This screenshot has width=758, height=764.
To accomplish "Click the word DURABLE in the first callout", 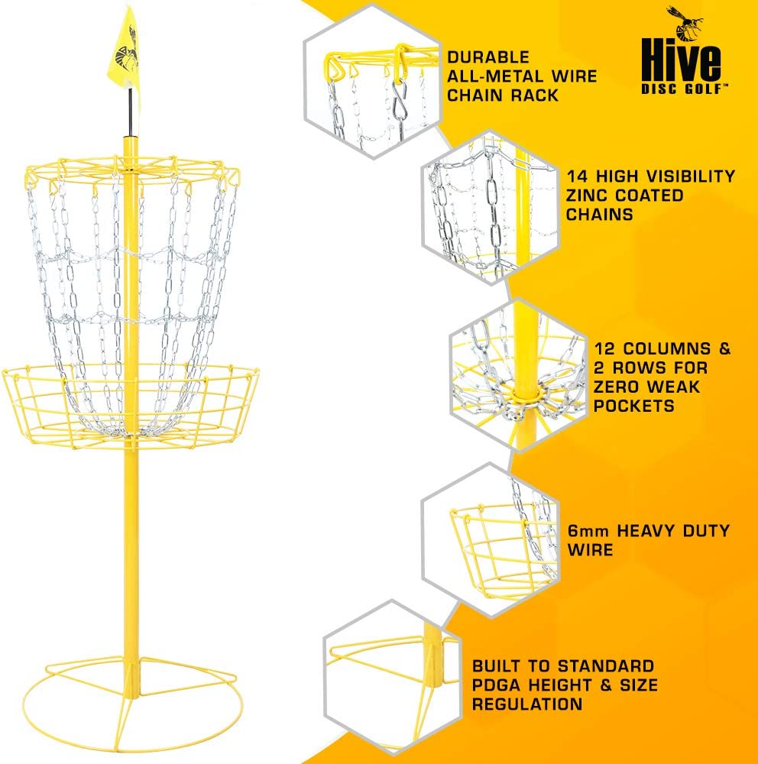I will point(488,57).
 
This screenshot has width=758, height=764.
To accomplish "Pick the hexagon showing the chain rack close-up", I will point(371,80).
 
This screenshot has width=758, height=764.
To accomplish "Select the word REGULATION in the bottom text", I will point(526,704).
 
